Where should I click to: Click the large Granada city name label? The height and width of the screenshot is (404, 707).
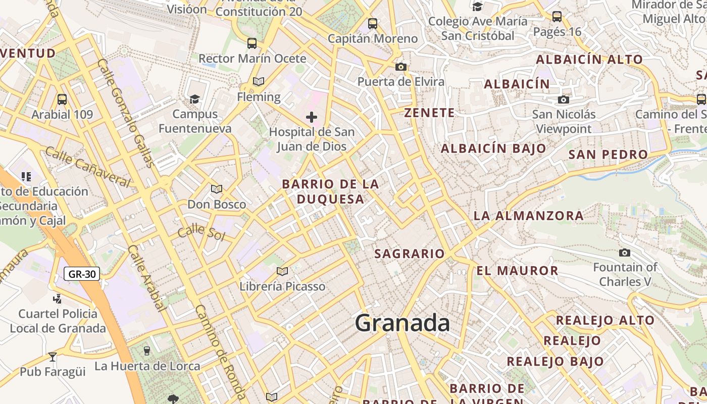[402, 323]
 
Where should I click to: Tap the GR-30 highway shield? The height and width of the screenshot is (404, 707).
[82, 274]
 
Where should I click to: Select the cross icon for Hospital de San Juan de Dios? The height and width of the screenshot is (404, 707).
[312, 118]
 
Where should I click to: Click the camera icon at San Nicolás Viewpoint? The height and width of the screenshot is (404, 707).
[564, 100]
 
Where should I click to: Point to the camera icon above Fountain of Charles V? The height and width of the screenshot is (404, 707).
[625, 252]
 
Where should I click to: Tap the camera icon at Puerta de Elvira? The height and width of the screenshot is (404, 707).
[401, 67]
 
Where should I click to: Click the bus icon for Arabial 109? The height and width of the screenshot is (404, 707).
[62, 99]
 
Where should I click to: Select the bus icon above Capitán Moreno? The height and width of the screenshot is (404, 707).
[373, 24]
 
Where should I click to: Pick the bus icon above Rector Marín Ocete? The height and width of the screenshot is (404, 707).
[252, 43]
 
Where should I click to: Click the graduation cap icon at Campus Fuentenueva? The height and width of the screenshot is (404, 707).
[194, 99]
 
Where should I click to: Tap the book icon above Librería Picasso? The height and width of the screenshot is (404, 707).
[282, 272]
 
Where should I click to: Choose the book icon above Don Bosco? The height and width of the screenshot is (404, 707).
[217, 189]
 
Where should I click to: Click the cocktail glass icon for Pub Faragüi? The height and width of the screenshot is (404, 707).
[53, 357]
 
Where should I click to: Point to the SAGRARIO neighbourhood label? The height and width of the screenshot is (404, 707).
[409, 254]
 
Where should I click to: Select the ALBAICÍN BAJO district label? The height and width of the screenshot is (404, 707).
[493, 148]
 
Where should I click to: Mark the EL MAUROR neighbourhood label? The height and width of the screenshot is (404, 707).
[517, 271]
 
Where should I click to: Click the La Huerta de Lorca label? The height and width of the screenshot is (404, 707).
[147, 366]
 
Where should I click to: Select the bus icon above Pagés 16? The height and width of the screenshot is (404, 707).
[557, 17]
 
